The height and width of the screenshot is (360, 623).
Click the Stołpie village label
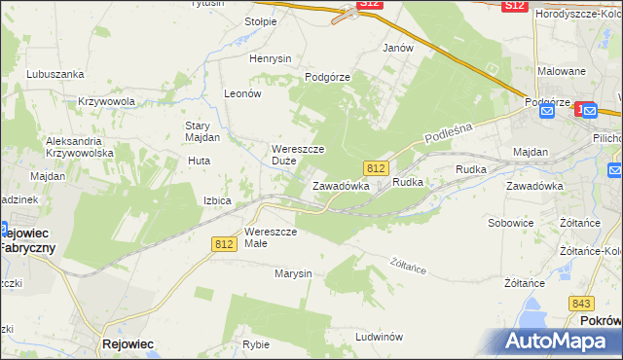click(x=261, y=20)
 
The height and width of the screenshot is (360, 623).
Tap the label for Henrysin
click(x=271, y=58)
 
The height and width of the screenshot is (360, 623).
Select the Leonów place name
click(x=242, y=93)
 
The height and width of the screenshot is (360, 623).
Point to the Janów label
click(x=398, y=48)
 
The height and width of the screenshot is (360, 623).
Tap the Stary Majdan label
click(x=202, y=131)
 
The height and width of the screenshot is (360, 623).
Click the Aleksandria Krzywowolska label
click(x=80, y=147)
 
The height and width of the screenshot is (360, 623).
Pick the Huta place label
click(x=199, y=161)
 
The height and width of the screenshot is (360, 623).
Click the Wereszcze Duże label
click(x=297, y=155)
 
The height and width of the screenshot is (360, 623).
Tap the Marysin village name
click(x=293, y=273)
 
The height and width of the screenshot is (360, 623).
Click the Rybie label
click(x=256, y=344)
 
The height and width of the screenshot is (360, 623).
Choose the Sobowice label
click(x=510, y=223)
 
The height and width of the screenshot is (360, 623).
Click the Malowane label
click(x=562, y=71)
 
